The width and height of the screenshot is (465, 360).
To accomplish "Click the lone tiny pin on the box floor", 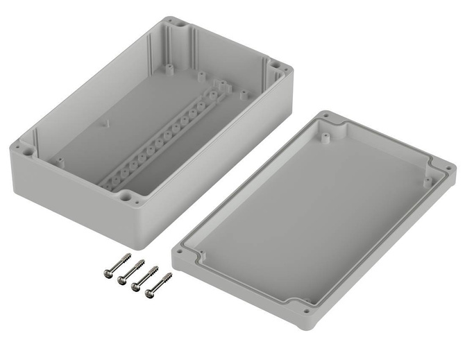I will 107,123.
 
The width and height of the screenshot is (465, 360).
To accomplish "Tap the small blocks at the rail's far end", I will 221,86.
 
